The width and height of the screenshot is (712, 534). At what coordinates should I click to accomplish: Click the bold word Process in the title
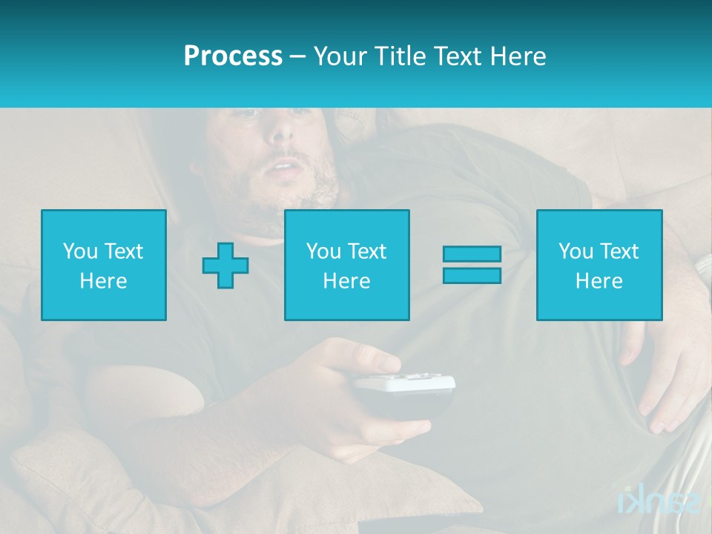[x=233, y=56]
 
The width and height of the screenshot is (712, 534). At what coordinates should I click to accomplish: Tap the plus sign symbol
[x=225, y=265]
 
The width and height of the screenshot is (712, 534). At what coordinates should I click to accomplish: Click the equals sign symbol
[x=472, y=265]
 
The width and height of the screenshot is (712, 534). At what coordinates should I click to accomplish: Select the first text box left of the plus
[x=104, y=265]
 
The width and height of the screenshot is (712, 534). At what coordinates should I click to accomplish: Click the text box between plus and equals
[x=347, y=265]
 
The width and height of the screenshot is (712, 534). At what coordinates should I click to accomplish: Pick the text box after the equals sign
[x=599, y=265]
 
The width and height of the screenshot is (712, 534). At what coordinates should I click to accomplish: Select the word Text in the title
[x=458, y=56]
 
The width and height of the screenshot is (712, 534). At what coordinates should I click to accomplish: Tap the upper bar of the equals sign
[x=472, y=254]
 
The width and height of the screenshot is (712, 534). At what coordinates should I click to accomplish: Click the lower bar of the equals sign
[x=472, y=276]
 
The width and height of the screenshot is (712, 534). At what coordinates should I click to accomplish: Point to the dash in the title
[x=298, y=57]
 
